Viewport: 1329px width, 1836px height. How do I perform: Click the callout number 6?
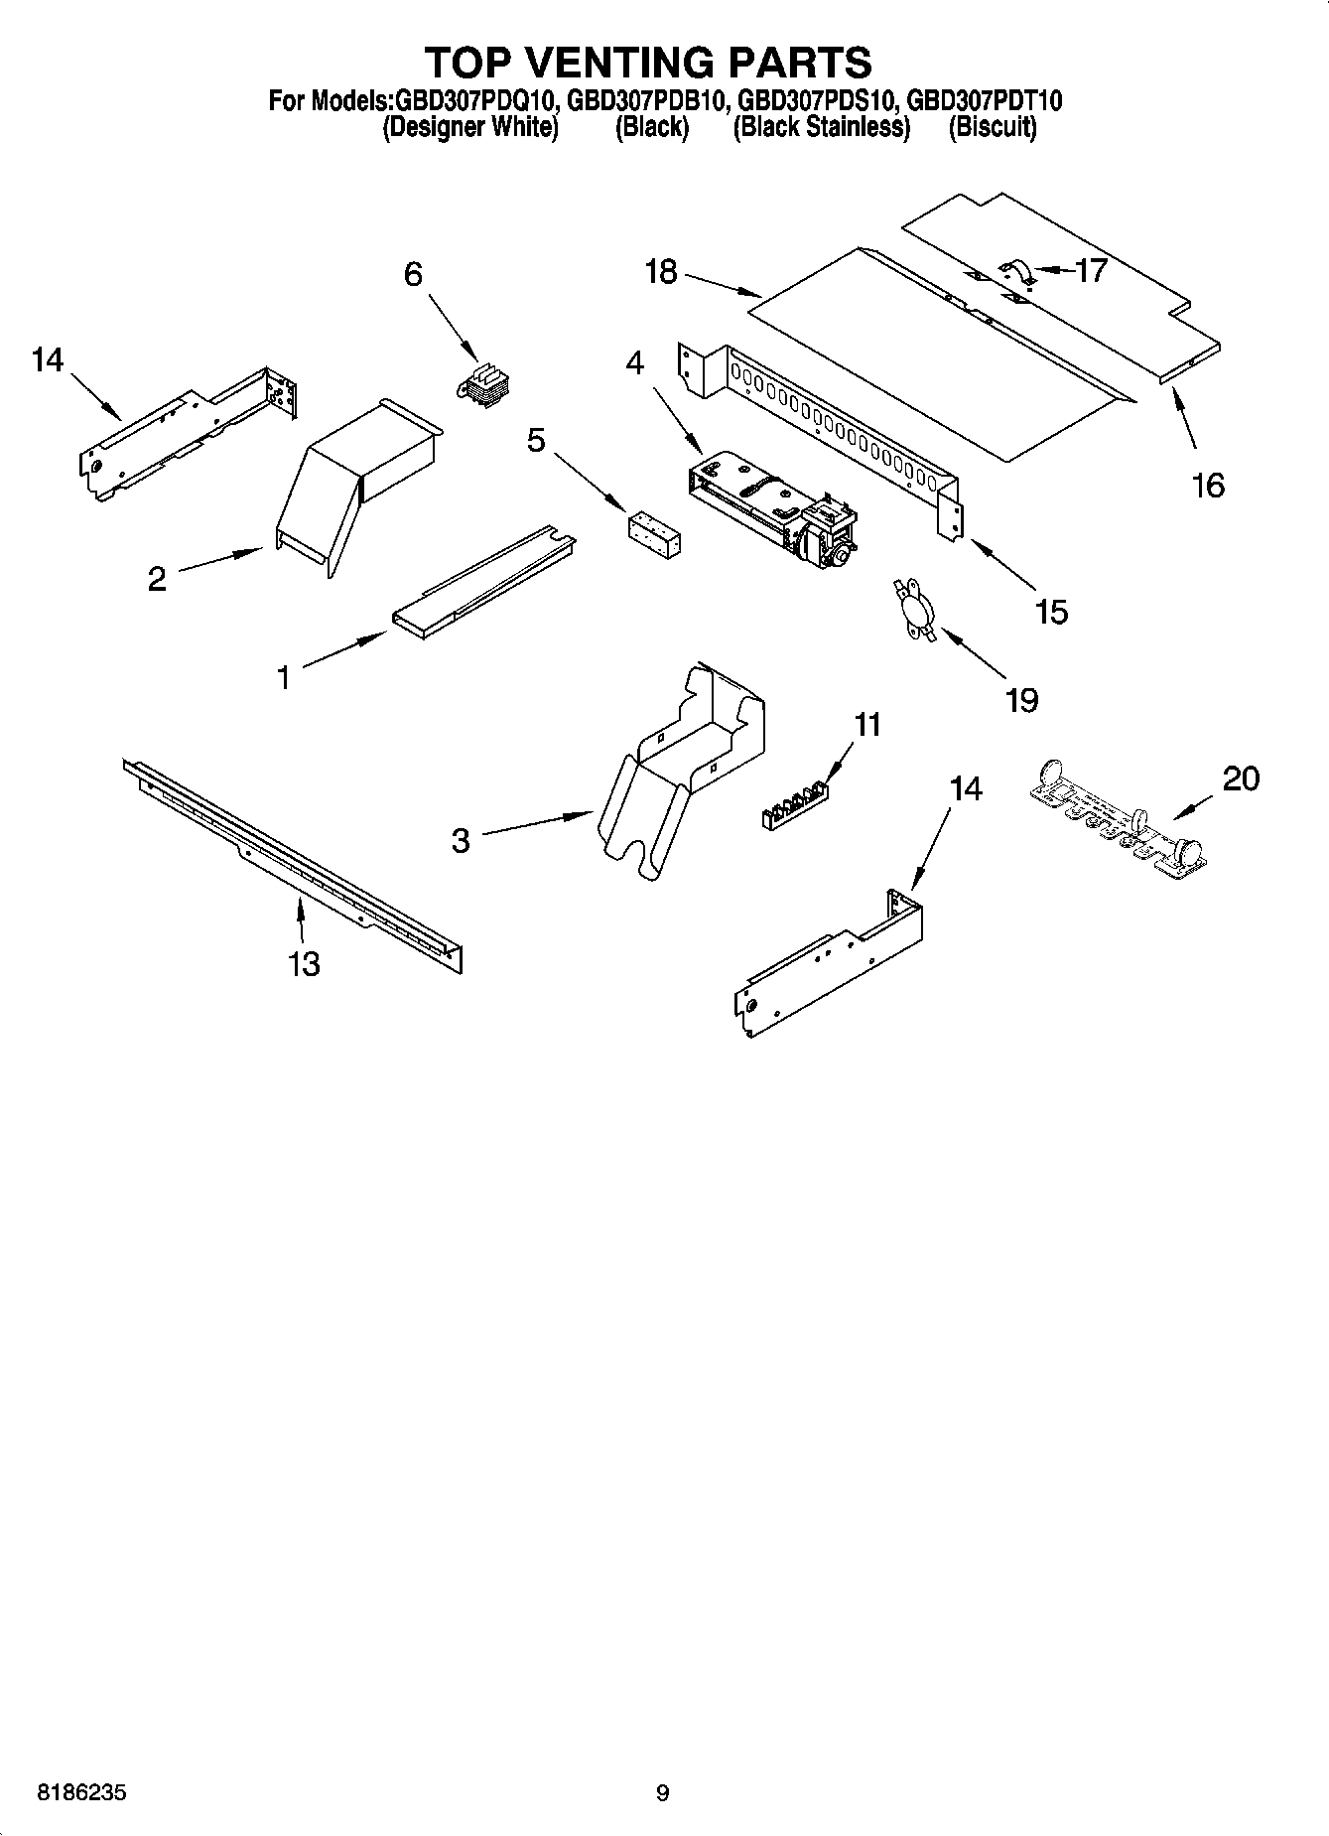tap(413, 273)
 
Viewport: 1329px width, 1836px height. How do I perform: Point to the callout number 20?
tap(1241, 778)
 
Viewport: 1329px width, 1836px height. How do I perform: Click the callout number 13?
tap(304, 962)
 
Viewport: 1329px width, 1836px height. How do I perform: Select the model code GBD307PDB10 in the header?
tap(650, 101)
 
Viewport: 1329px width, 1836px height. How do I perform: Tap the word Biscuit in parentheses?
tap(992, 127)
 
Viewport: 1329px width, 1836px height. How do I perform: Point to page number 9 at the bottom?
tap(663, 1793)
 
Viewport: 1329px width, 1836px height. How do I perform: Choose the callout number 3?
tap(460, 841)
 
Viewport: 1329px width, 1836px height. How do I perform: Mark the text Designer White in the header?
tap(470, 127)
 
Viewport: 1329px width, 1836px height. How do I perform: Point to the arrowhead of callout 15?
tap(970, 541)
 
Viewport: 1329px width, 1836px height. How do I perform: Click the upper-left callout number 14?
tap(47, 359)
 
